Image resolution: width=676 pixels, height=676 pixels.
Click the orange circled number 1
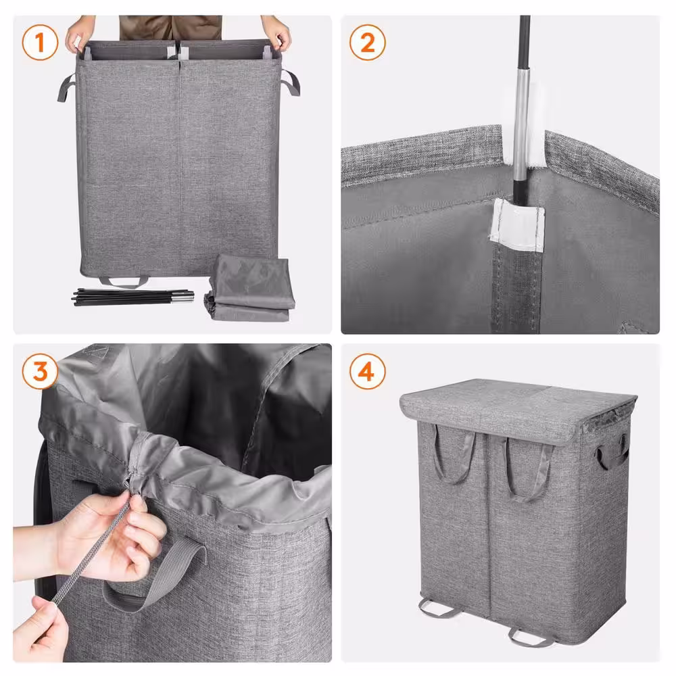[40, 44]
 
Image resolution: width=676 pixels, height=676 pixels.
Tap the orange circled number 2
[367, 44]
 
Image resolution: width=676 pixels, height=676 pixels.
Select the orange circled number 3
[40, 372]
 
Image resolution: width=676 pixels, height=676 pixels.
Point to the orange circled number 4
[367, 372]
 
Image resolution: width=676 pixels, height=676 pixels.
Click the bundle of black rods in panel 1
[132, 296]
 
